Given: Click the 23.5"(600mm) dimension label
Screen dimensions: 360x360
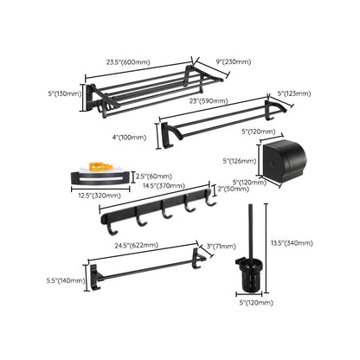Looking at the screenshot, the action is [128, 62].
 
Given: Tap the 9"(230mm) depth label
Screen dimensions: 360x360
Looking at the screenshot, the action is [234, 61].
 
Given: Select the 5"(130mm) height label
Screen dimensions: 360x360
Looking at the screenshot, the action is [65, 93].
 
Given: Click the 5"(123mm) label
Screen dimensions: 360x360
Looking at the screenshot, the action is [293, 93].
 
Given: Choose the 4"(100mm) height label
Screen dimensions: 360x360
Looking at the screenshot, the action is [128, 138].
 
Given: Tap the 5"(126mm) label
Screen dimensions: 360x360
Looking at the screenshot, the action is [240, 161].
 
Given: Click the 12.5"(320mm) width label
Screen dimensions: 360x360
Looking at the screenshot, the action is [100, 196].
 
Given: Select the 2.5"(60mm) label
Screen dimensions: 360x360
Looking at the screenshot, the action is [154, 176].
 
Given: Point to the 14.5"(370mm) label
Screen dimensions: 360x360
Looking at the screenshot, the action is [164, 185].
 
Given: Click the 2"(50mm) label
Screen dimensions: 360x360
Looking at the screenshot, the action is [234, 189].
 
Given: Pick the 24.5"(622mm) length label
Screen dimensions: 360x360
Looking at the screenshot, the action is [137, 246].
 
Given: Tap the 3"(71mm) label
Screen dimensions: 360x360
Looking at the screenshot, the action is [222, 247].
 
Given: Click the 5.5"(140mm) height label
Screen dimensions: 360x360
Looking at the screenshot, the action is [66, 280].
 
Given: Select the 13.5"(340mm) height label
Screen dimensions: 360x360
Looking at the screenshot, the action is [292, 243].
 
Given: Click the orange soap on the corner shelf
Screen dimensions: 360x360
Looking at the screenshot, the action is [100, 167].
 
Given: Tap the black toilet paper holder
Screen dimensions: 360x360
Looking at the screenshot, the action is [283, 158].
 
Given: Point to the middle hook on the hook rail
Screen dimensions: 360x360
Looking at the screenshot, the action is [165, 210].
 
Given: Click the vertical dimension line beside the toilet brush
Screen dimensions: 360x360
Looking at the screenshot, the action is [266, 248].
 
